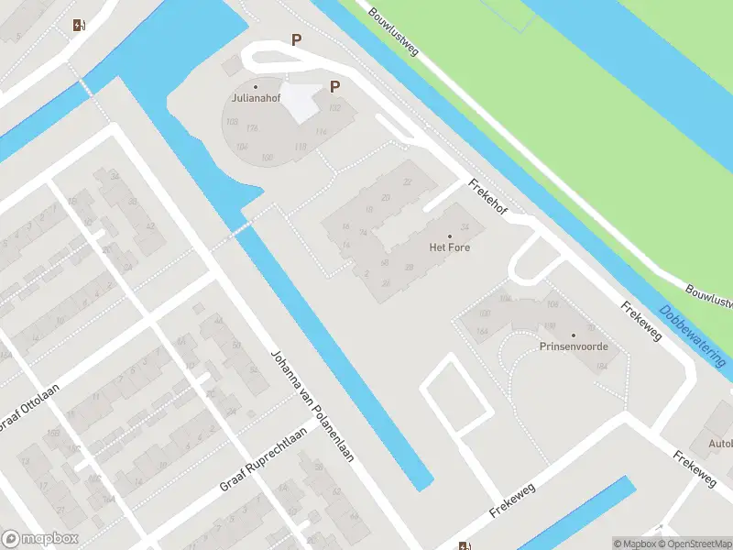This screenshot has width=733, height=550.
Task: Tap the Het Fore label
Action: coord(449,247)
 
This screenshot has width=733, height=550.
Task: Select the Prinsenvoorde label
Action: coord(574,346)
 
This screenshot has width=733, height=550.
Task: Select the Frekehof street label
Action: coord(486,195)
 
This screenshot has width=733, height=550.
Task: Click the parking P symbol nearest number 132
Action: coord(335,87)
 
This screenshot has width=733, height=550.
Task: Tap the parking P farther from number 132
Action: coord(296,39)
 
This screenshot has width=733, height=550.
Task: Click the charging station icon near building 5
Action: coord(78,25)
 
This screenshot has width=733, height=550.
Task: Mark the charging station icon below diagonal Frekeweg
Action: coord(464,544)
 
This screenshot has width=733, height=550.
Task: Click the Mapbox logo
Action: coord(39,539)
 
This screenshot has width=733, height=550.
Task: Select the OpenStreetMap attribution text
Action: coord(692,544)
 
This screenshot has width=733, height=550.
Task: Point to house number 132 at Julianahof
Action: coord(335,108)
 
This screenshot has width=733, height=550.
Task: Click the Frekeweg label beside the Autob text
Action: coord(695,467)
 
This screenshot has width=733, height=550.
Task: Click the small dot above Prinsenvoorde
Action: coord(574,335)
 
